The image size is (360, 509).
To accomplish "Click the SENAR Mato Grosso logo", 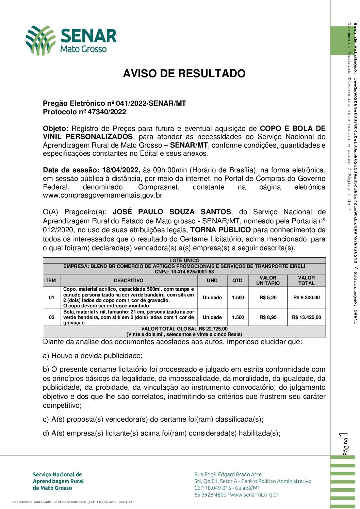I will (71, 40).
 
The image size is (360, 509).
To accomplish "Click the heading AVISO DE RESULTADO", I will (184, 73).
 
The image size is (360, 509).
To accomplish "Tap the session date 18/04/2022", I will (121, 170).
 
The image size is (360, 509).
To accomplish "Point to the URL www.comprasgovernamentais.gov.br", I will (102, 196).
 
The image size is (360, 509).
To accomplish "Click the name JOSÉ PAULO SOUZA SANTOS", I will (172, 212).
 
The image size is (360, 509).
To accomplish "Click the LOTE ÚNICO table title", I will (184, 260).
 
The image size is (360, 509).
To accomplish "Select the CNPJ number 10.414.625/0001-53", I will (192, 272).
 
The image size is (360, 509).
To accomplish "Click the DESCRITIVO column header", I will (129, 281).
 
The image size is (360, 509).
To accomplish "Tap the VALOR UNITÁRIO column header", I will (268, 281).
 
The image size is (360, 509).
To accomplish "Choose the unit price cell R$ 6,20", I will (268, 298).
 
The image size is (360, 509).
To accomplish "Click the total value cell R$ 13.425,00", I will (306, 317).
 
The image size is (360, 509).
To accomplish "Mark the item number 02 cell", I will (52, 317).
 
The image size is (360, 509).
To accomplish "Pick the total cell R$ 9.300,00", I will (306, 298).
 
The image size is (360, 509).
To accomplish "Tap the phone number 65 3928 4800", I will (210, 495).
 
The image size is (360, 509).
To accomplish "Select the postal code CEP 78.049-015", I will (213, 488).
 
